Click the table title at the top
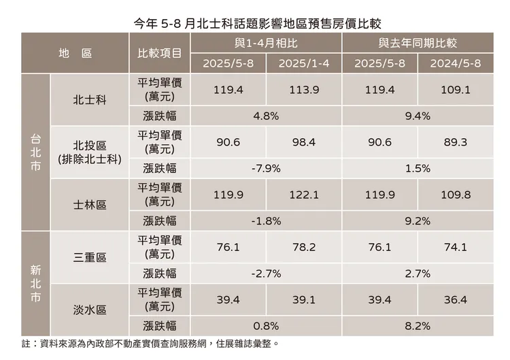click(254, 14)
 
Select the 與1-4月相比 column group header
click(266, 42)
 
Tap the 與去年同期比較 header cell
click(417, 42)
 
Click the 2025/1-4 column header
click(304, 63)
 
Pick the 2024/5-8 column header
click(456, 63)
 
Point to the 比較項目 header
click(159, 52)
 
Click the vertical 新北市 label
click(35, 284)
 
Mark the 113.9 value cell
click(304, 89)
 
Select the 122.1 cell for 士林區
click(304, 195)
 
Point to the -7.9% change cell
click(266, 168)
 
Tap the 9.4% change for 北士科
click(417, 116)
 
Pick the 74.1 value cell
click(456, 247)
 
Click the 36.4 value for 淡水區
click(456, 299)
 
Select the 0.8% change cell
click(266, 325)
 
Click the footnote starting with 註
click(150, 344)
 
